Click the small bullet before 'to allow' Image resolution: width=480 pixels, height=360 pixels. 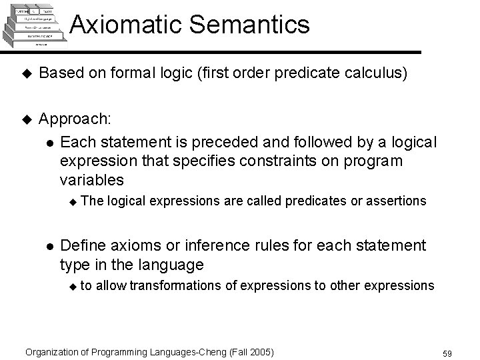[74, 287]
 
